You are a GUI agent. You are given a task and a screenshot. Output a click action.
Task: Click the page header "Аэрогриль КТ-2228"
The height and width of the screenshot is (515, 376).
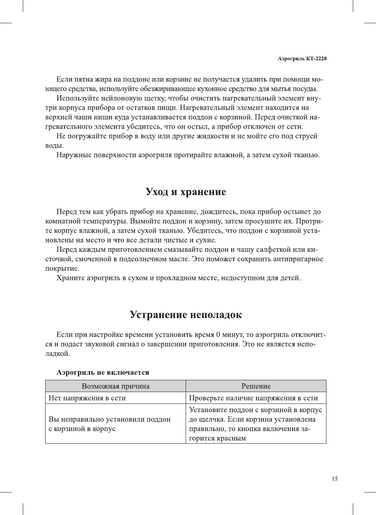tap(302, 58)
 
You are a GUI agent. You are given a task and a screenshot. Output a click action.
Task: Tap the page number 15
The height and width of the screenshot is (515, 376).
tap(334, 479)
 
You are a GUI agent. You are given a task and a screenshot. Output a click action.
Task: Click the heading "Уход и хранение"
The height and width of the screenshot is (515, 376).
tap(186, 192)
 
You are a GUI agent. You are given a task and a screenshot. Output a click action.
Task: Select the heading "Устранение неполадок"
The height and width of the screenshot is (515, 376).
tap(186, 315)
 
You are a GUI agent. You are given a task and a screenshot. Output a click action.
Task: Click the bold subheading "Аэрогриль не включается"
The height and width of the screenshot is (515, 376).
tap(103, 372)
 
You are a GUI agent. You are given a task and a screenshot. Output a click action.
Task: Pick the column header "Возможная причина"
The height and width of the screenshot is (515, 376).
tap(115, 386)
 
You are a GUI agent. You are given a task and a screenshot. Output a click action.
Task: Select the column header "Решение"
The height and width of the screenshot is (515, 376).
tap(256, 386)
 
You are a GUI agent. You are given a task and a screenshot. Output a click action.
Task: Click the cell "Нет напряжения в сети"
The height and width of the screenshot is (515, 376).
tap(87, 398)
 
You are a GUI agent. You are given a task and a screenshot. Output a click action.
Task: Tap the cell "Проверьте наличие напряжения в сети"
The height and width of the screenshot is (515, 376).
tap(253, 398)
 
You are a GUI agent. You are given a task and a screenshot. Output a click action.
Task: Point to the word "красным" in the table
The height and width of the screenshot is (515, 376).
tap(232, 438)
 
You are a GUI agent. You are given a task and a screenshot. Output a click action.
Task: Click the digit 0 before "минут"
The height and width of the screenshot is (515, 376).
tap(218, 335)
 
